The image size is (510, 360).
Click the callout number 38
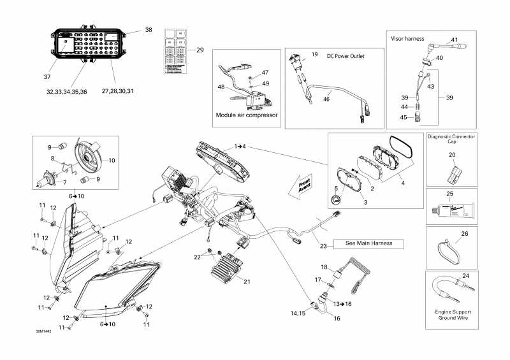(149, 30)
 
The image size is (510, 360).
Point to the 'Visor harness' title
(407, 38)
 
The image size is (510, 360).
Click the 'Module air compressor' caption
(246, 115)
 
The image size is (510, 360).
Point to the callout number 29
(199, 50)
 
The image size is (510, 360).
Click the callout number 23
(323, 246)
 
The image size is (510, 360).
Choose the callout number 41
(455, 40)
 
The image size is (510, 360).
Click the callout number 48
(221, 87)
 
